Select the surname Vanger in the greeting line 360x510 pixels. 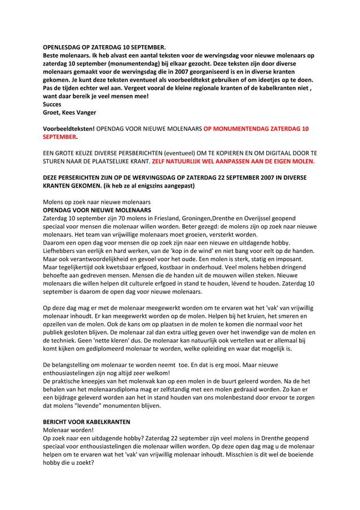[x=86, y=112]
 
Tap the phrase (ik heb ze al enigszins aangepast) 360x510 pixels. [x=147, y=186]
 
